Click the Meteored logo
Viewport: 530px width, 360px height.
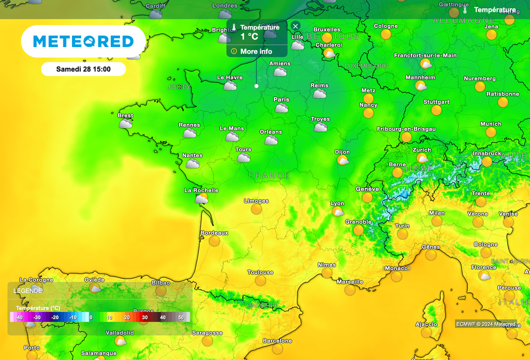[83, 41]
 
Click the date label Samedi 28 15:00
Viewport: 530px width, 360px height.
[83, 69]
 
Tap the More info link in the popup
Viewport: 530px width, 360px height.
[256, 51]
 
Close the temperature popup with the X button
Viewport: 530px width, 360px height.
[296, 26]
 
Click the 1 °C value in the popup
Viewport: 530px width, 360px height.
[249, 37]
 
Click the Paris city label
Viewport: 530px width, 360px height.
[281, 99]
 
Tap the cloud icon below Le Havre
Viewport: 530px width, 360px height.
[230, 86]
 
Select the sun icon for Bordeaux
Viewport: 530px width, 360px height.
[214, 241]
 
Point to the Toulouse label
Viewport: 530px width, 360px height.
[260, 272]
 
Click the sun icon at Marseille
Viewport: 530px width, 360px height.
[350, 290]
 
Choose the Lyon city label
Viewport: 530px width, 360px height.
[337, 203]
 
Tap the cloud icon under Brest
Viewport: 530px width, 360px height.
[125, 124]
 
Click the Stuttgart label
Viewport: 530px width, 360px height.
[436, 102]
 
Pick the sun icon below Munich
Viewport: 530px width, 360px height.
[490, 132]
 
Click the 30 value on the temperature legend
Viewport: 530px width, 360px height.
[145, 317]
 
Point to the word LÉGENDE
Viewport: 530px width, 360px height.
[28, 291]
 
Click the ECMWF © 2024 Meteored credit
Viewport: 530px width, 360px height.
[486, 324]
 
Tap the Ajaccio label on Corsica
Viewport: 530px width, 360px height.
[426, 324]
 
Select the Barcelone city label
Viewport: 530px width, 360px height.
[277, 341]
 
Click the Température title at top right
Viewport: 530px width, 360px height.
[495, 10]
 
